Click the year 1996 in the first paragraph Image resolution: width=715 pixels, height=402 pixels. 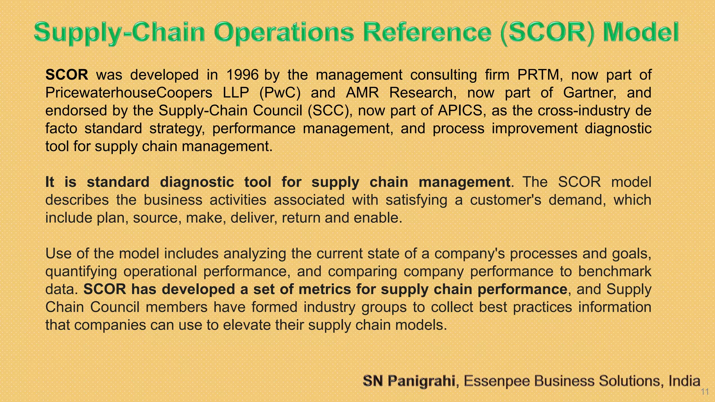click(242, 75)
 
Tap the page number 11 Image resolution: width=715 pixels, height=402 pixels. click(705, 392)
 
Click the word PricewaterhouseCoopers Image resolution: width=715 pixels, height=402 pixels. click(129, 93)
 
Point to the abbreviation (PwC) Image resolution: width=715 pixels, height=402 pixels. click(280, 93)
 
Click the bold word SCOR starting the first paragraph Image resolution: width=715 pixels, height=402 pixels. click(67, 75)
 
